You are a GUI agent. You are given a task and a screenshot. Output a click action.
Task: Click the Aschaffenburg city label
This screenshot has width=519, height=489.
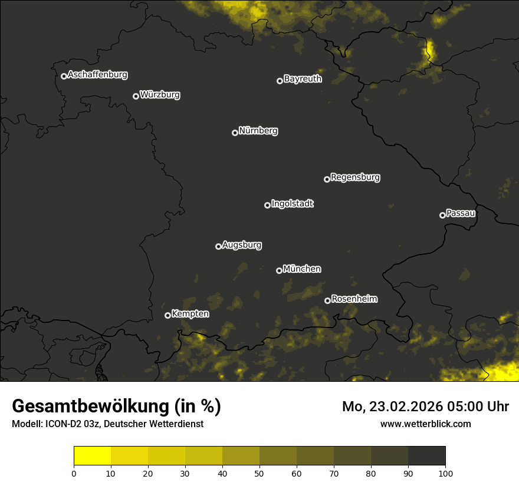97,75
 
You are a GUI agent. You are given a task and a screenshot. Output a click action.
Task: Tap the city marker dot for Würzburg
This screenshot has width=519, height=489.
136,96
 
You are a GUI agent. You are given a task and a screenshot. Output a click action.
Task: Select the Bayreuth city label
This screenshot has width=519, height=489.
303,79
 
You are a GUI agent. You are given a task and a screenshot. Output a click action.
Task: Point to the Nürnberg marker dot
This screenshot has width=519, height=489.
235,133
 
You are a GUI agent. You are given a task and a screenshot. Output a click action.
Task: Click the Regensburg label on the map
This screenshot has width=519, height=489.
355,177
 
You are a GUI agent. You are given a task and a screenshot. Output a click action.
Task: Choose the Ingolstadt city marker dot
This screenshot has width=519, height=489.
267,205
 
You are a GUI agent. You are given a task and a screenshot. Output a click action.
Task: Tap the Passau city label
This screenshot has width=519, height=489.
461,213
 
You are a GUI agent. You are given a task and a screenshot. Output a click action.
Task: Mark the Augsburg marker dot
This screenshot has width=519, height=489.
218,246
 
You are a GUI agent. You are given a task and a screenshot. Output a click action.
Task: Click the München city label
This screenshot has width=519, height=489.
302,269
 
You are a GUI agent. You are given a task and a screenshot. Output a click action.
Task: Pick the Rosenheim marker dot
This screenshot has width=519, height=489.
327,301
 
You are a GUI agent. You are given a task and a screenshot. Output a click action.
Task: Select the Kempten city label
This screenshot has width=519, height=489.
190,314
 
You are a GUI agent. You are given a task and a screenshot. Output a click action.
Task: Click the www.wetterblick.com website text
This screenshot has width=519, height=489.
425,424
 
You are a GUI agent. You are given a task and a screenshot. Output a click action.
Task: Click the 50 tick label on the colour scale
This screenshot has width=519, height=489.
259,473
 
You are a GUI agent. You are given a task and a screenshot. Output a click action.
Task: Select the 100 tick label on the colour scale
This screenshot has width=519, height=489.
445,473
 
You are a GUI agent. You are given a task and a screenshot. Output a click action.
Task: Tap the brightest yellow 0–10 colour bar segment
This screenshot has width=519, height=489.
93,456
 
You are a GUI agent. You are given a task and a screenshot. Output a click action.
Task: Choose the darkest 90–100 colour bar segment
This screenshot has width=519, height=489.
426,456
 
